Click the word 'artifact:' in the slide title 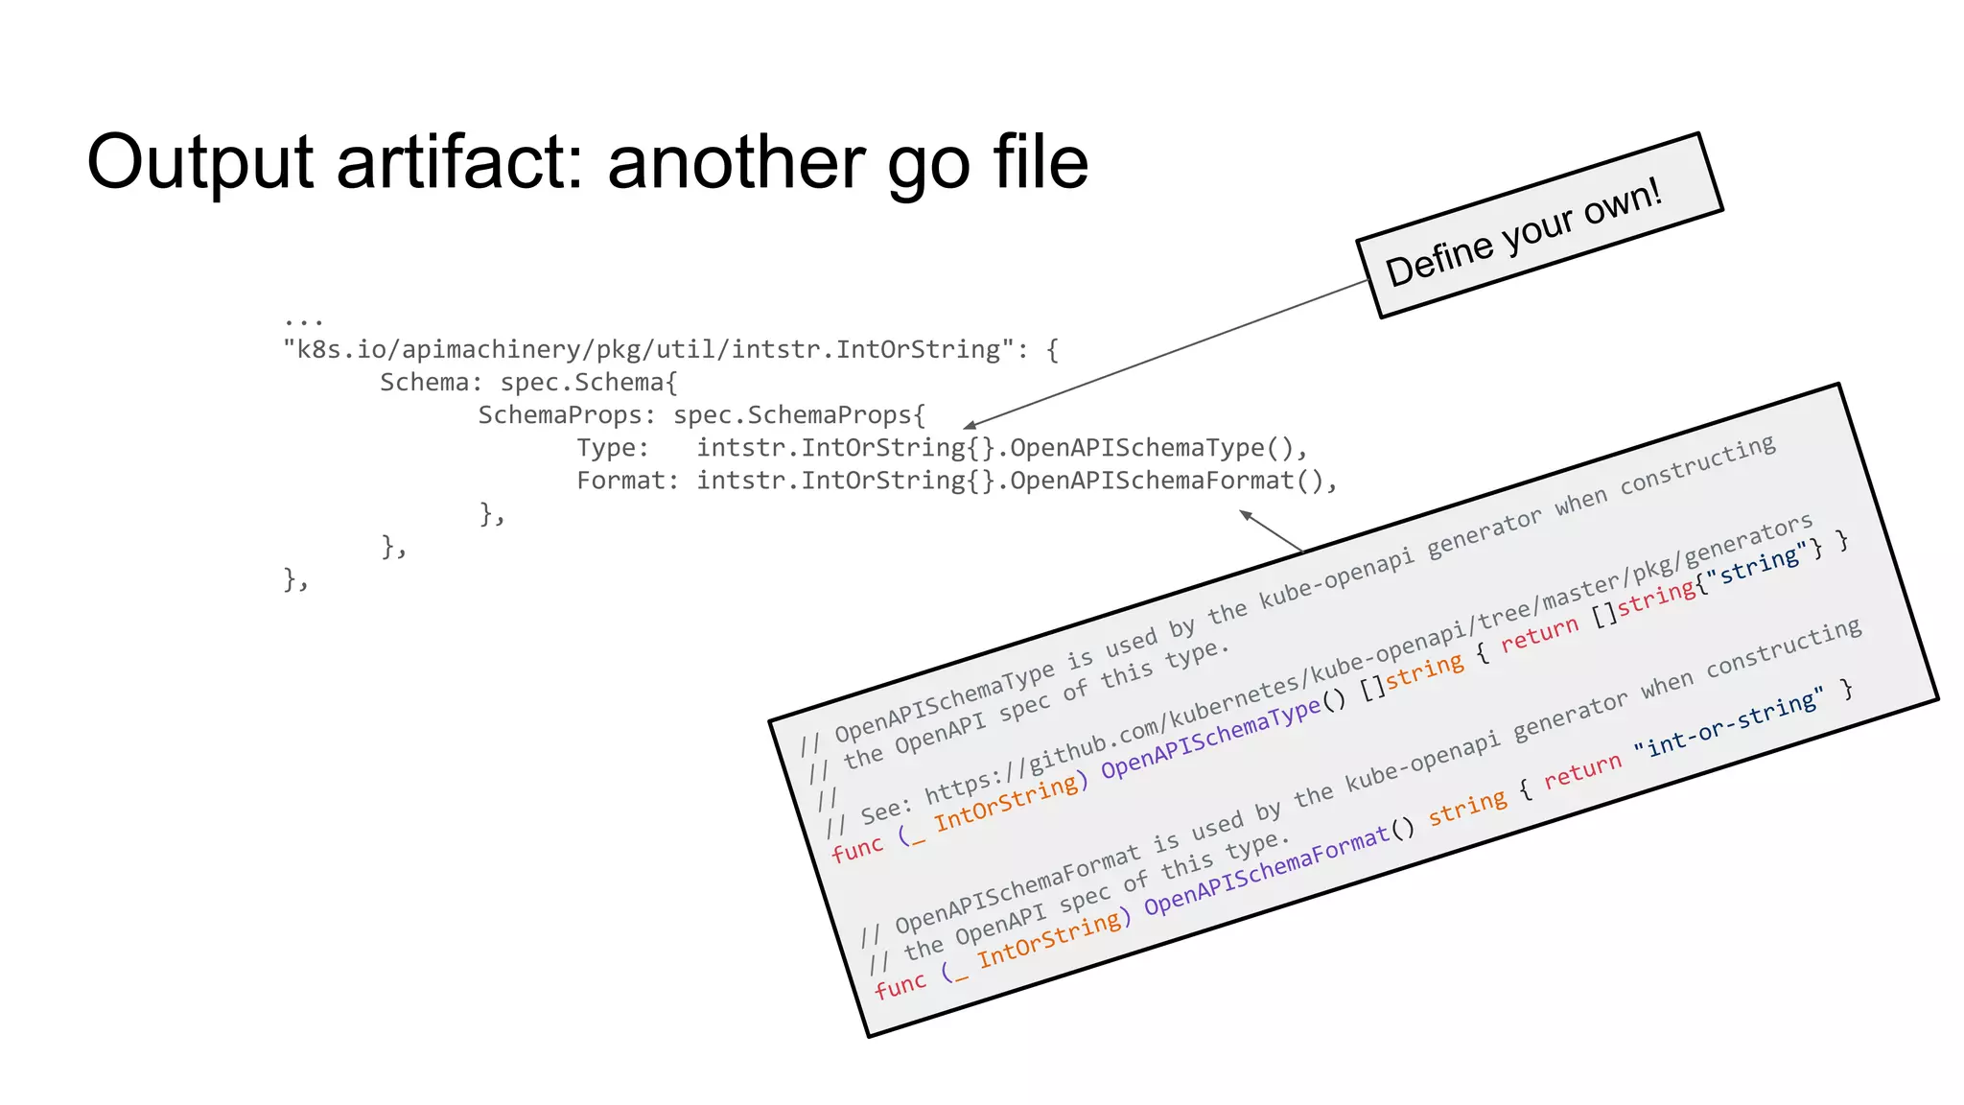(460, 161)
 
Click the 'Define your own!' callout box (1538, 226)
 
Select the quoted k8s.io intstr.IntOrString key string (648, 349)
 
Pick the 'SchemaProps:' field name (566, 414)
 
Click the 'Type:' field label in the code (612, 447)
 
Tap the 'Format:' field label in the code (626, 480)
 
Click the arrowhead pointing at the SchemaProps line (970, 425)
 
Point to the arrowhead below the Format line (1246, 516)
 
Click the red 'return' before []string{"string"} (1539, 635)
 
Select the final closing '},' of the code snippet (295, 578)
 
